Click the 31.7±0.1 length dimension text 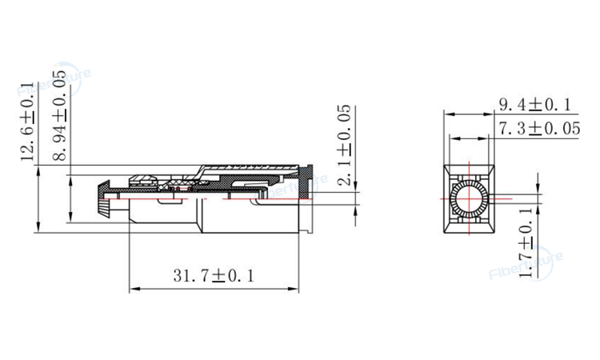click(213, 275)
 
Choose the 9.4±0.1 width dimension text click(534, 105)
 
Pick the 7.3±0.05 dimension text click(539, 128)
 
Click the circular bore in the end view click(468, 197)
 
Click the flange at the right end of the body click(306, 201)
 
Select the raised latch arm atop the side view click(240, 170)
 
